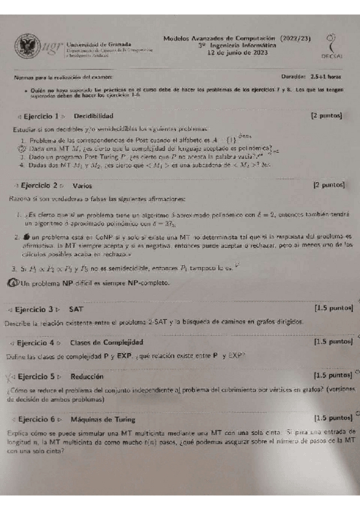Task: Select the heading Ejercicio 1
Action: click(x=41, y=115)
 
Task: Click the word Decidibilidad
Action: click(x=93, y=115)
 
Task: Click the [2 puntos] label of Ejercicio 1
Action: click(x=327, y=115)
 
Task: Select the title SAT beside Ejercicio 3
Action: click(x=76, y=309)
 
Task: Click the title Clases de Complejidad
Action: click(x=106, y=343)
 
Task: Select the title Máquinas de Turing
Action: click(x=102, y=419)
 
